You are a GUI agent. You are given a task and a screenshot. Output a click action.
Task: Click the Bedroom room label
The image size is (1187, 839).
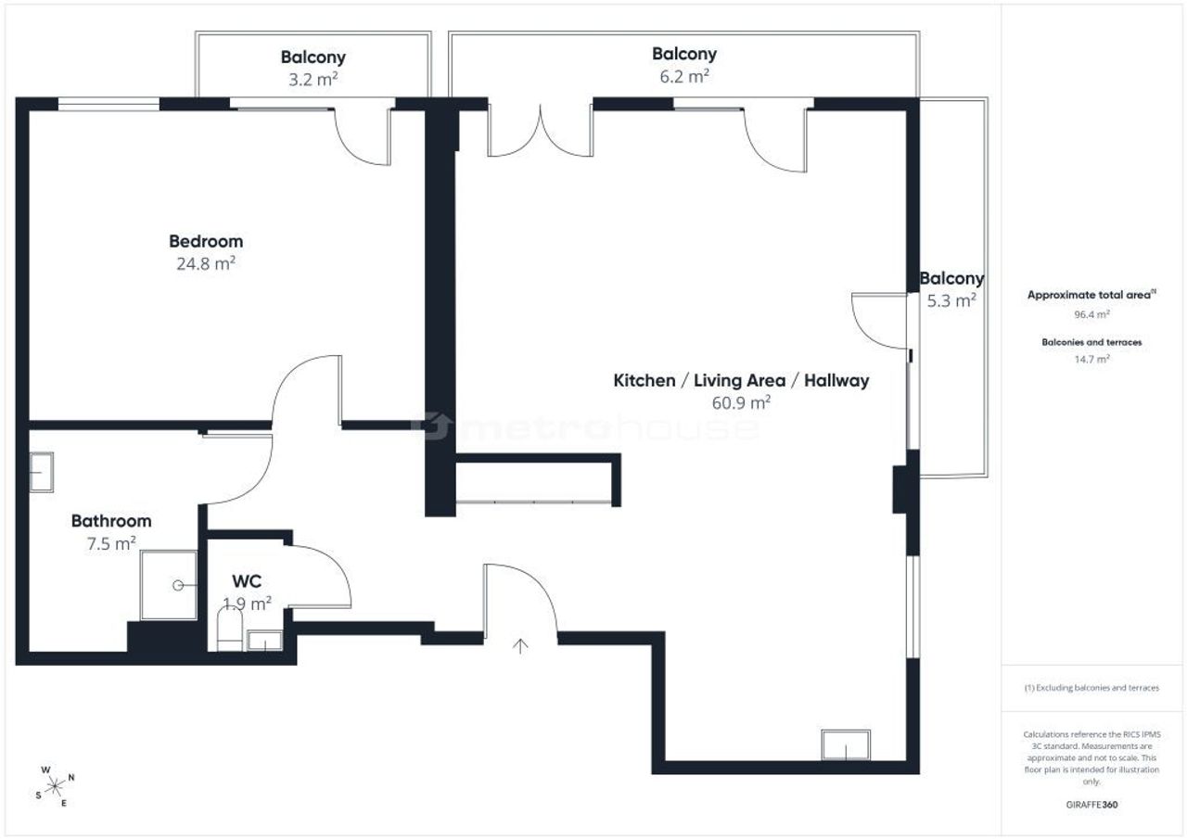206,242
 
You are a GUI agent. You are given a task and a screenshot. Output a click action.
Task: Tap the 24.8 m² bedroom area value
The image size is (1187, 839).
206,263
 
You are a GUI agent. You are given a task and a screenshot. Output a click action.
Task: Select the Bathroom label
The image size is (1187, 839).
111,521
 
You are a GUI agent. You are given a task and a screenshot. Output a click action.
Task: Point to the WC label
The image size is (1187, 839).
247,581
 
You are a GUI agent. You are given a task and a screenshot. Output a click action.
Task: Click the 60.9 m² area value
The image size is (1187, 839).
741,402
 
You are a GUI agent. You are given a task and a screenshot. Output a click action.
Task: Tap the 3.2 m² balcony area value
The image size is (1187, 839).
313,80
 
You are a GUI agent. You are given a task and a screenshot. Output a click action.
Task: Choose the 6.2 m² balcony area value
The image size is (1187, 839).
684,76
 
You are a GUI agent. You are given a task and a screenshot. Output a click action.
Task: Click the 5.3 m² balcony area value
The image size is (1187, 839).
951,301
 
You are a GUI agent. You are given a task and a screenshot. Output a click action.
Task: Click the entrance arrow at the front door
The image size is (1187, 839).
520,645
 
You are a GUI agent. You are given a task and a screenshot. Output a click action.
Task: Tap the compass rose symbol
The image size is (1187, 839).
55,786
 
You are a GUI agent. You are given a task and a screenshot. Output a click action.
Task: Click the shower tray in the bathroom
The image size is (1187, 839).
169,585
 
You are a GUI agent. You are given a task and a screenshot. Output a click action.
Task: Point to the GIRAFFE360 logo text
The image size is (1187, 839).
1091,805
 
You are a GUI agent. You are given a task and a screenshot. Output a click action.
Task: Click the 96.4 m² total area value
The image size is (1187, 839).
1091,314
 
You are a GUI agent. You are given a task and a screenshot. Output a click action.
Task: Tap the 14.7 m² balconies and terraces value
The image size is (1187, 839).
1091,359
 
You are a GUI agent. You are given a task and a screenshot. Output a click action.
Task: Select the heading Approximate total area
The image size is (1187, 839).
1091,295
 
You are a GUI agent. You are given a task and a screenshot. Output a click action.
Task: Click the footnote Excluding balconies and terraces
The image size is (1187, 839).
1091,688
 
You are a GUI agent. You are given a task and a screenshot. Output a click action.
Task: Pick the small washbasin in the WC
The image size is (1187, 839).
264,641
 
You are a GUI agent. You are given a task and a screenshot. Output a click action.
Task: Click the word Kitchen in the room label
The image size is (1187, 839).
645,380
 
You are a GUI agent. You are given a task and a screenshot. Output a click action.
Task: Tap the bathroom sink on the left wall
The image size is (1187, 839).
42,472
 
